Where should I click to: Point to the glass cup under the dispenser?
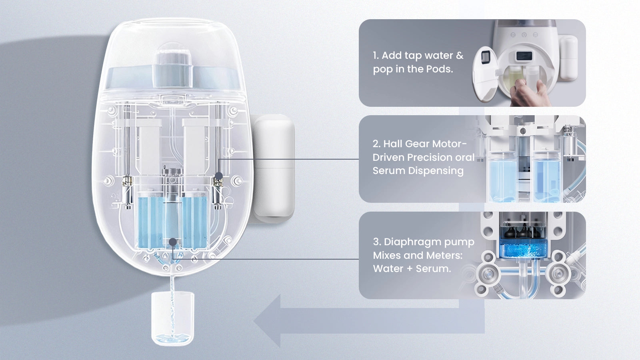(x=172, y=318)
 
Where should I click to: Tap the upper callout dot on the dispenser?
(x=218, y=176)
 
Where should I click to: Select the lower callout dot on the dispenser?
(x=172, y=242)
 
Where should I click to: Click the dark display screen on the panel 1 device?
(x=524, y=56)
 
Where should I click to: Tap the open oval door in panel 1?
(x=486, y=74)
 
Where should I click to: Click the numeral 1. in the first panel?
(x=376, y=56)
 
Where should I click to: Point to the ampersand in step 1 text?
(x=460, y=56)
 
